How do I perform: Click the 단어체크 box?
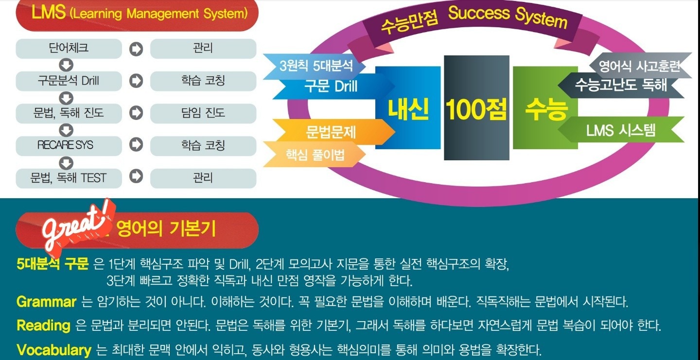(69, 49)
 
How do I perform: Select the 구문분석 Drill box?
(69, 81)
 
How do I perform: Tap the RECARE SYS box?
(69, 146)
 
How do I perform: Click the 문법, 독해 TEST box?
(69, 178)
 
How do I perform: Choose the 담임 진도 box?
(203, 113)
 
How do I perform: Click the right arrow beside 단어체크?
(136, 49)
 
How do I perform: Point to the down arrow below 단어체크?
(66, 65)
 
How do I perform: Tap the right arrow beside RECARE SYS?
(136, 145)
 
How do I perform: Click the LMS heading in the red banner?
(140, 14)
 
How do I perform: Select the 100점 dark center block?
(476, 108)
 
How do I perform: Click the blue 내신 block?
(408, 108)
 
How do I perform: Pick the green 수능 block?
(545, 108)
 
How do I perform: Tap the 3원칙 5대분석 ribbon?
(314, 66)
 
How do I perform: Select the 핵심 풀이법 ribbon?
(314, 154)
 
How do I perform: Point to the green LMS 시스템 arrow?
(621, 130)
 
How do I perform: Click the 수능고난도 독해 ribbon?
(621, 85)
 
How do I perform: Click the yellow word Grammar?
(46, 302)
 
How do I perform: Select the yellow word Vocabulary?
(54, 350)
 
